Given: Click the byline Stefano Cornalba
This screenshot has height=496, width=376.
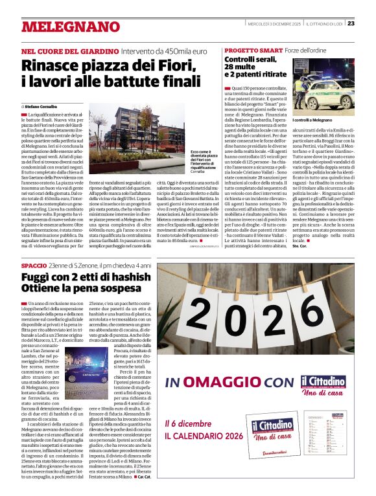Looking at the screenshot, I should [45, 106].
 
